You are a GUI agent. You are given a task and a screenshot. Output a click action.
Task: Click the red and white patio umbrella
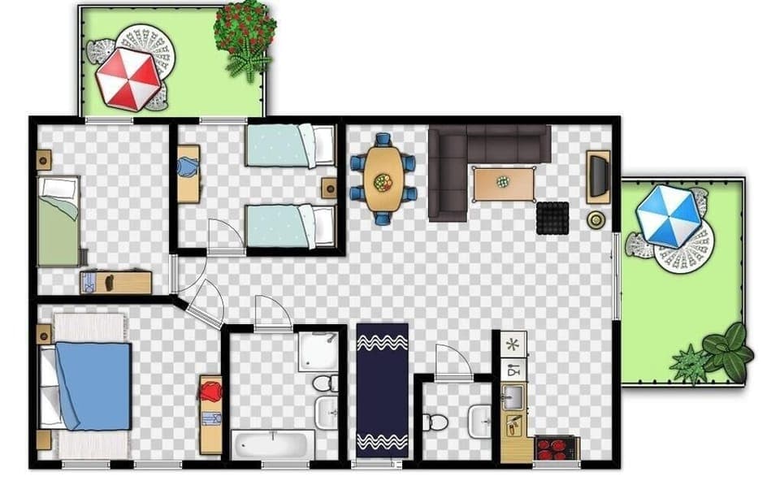(128, 79)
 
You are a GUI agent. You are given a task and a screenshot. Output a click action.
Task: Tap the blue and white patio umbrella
(668, 215)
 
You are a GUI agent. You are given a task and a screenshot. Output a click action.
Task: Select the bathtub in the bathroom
(273, 445)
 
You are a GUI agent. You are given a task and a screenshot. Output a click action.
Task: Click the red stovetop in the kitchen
(556, 448)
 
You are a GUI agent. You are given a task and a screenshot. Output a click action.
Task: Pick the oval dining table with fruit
(383, 179)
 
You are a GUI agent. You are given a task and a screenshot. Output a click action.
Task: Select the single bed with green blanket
(58, 221)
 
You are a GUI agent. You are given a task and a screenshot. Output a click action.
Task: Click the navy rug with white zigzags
(382, 390)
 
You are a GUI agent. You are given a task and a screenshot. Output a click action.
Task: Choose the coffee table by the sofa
(504, 182)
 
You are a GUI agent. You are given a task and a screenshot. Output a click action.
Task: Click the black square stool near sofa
(552, 218)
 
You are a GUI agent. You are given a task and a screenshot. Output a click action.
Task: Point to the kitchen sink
(513, 397)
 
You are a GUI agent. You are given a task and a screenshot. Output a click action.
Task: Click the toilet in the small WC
(435, 422)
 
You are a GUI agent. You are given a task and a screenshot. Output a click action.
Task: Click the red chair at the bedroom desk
(211, 392)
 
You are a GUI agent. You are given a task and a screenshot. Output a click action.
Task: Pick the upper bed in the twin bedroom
(290, 145)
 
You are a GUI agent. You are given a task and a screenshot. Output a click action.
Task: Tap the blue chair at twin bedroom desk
(188, 167)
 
